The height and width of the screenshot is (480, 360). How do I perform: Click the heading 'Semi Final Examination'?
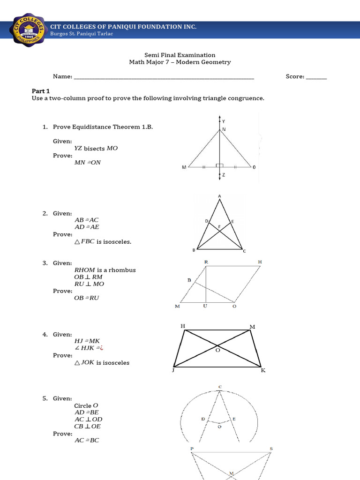pyautogui.click(x=180, y=55)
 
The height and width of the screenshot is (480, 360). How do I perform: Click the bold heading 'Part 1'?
pyautogui.click(x=40, y=91)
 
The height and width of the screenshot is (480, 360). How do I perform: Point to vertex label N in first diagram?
pyautogui.click(x=224, y=129)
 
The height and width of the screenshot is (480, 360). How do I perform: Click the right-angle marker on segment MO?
pyautogui.click(x=220, y=165)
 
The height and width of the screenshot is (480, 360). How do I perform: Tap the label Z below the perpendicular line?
pyautogui.click(x=224, y=175)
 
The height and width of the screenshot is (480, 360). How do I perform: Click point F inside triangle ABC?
pyautogui.click(x=219, y=226)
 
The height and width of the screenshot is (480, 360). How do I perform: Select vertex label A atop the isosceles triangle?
pyautogui.click(x=219, y=196)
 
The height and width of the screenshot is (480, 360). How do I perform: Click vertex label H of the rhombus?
pyautogui.click(x=259, y=262)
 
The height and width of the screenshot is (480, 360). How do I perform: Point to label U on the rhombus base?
pyautogui.click(x=205, y=307)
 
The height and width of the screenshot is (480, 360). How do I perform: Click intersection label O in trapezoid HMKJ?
pyautogui.click(x=217, y=349)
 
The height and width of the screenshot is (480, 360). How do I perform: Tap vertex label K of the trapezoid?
pyautogui.click(x=263, y=370)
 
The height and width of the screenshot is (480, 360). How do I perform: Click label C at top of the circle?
pyautogui.click(x=219, y=387)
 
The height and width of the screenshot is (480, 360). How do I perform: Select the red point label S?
pyautogui.click(x=271, y=449)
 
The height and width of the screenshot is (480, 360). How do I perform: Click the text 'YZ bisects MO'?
pyautogui.click(x=96, y=148)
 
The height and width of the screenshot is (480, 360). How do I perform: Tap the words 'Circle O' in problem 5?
pyautogui.click(x=86, y=405)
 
